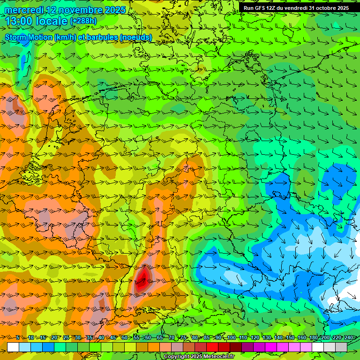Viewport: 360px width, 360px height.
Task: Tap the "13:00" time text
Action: click(17, 21)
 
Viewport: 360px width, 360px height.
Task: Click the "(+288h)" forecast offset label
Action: click(83, 21)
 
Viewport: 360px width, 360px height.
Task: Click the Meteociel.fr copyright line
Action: click(199, 357)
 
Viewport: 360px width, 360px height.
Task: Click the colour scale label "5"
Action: click(17, 337)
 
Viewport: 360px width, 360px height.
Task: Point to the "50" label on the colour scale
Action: click(124, 337)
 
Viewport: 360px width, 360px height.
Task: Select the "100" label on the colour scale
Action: click(231, 337)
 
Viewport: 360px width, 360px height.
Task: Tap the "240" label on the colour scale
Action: click(349, 337)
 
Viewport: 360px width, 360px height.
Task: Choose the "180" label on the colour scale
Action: click(314, 337)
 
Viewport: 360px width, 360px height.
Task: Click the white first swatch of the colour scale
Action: click(13, 347)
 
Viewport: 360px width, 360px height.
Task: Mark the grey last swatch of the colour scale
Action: click(341, 347)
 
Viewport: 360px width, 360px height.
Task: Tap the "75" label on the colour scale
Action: click(184, 337)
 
